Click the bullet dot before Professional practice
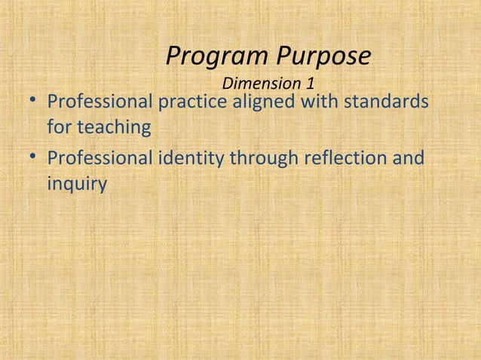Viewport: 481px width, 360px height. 29,102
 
